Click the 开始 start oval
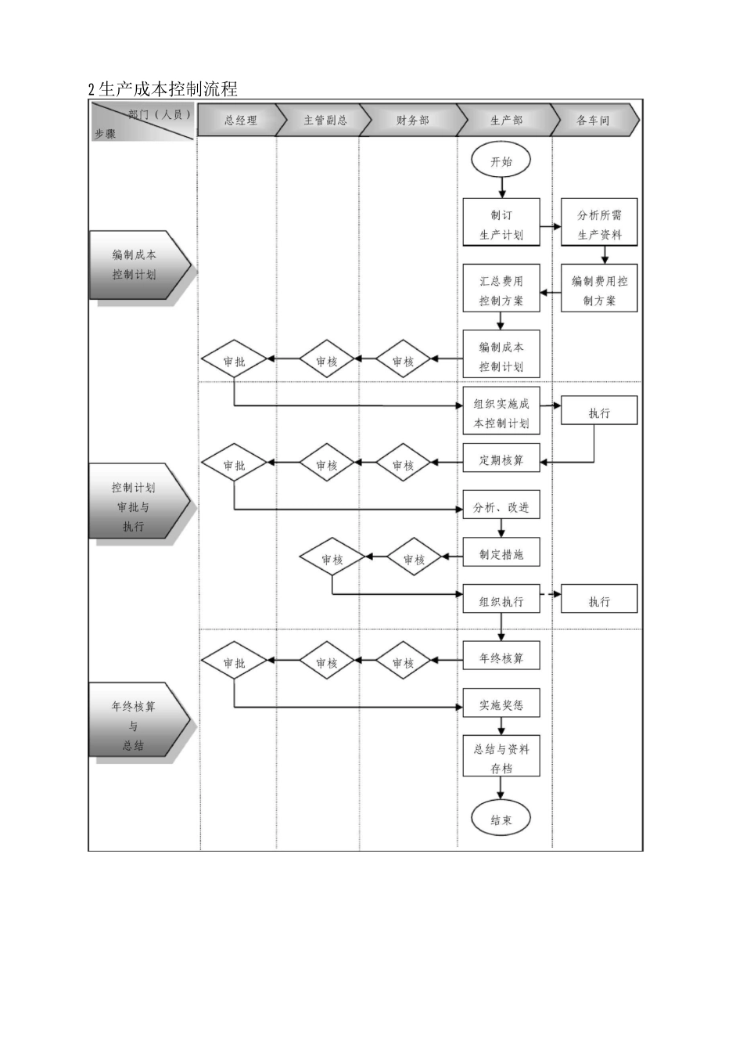(501, 161)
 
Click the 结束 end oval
(501, 820)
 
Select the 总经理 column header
(239, 121)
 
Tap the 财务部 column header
(412, 121)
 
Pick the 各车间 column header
(593, 121)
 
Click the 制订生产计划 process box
(501, 225)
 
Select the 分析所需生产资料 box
(599, 225)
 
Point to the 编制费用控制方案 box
(599, 290)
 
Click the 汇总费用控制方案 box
(501, 290)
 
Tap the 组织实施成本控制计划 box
(501, 413)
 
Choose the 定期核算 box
(501, 460)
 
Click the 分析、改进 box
(501, 507)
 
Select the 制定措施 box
(501, 554)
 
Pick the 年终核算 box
(501, 658)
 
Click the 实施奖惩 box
(501, 705)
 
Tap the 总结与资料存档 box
(501, 758)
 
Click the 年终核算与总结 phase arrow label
(135, 726)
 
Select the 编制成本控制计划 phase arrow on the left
(135, 265)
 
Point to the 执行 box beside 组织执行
(599, 601)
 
